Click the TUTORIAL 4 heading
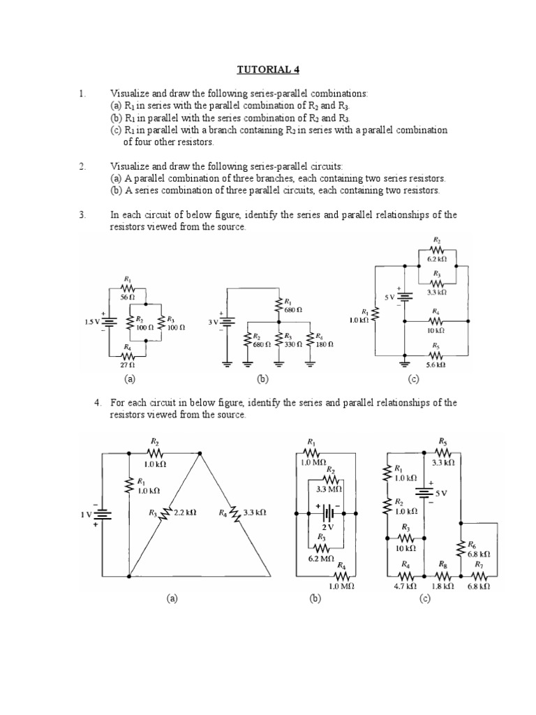268,69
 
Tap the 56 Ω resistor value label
127,297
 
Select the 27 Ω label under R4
127,364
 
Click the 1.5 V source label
92,322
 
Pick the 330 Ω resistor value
292,344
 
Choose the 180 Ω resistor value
326,344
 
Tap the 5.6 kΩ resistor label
437,364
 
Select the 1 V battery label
86,515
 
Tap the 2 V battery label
325,527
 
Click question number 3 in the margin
82,215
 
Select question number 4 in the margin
98,403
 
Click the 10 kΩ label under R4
437,330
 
